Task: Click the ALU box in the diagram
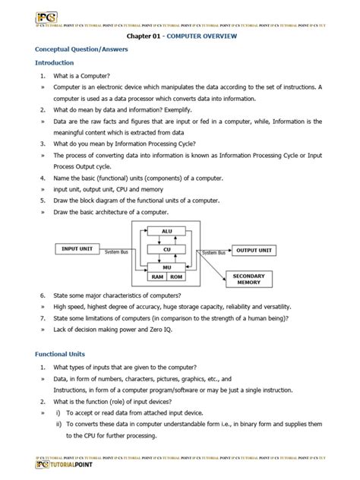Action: pyautogui.click(x=166, y=230)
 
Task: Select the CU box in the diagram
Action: pyautogui.click(x=166, y=248)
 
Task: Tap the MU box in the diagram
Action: pyautogui.click(x=166, y=267)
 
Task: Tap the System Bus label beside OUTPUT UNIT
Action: pyautogui.click(x=213, y=253)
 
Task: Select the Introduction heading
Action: pyautogui.click(x=54, y=62)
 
